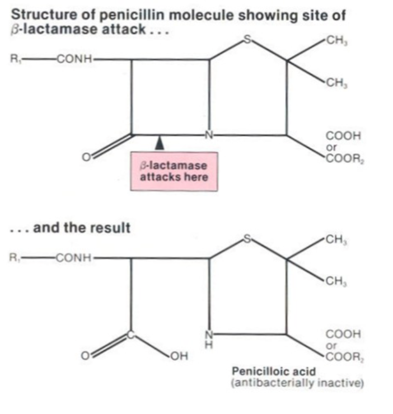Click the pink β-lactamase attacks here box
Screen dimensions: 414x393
point(174,171)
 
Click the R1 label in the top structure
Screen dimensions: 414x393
point(17,58)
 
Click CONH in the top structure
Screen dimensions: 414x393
point(75,58)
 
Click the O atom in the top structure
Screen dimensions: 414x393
point(86,159)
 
